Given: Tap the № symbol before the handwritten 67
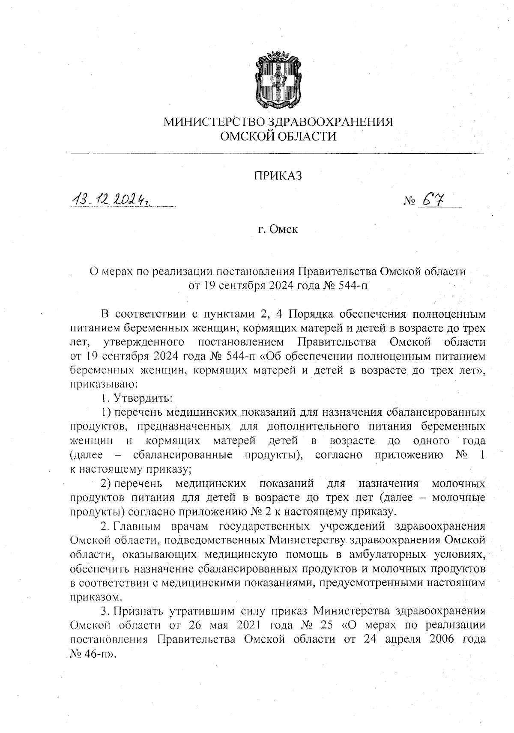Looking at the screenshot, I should click(x=409, y=201).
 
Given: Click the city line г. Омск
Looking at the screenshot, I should click(x=278, y=229).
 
